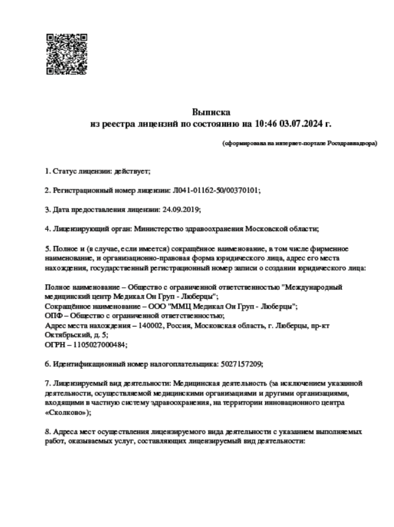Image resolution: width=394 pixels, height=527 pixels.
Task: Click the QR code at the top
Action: pyautogui.click(x=66, y=53)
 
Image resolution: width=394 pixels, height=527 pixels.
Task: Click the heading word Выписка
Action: pyautogui.click(x=211, y=113)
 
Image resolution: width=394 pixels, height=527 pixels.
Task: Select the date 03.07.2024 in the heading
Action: pyautogui.click(x=300, y=124)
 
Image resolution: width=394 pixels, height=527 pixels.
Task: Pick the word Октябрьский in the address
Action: pyautogui.click(x=66, y=335)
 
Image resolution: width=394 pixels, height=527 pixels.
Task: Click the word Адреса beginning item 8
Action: pyautogui.click(x=68, y=432)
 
